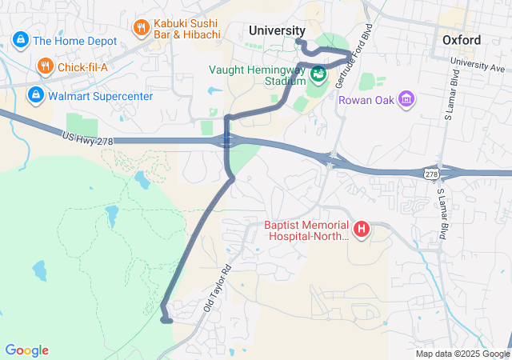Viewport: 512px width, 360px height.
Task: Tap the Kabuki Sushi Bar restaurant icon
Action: coord(142,28)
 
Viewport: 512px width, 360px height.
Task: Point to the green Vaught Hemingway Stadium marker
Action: coord(318,74)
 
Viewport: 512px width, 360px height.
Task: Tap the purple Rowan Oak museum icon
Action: coord(407,100)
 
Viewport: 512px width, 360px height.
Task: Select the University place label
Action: coord(277,30)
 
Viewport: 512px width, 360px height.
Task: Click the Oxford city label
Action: coord(462,40)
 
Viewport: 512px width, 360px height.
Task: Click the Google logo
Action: coord(26,350)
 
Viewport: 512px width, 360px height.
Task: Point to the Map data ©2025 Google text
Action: coord(462,354)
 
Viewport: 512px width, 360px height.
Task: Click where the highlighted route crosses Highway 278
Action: coord(228,142)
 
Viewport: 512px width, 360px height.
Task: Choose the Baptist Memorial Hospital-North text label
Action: coord(307,230)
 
